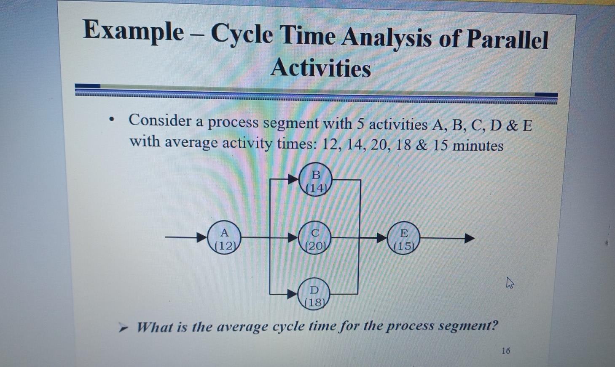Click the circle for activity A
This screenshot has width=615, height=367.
pos(225,239)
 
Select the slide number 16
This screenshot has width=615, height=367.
pos(505,350)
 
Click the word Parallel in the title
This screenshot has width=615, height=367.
pos(507,40)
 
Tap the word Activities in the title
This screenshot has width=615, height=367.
pos(320,68)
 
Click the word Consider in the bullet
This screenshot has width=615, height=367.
pos(160,121)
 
